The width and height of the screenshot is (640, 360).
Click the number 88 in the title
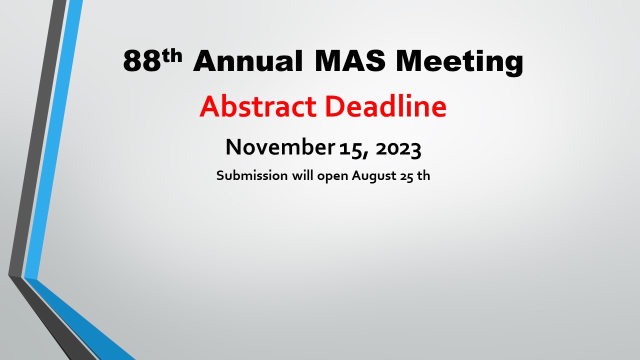click(x=141, y=61)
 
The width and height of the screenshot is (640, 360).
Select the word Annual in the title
click(x=248, y=61)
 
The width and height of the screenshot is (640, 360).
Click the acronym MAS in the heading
click(x=350, y=60)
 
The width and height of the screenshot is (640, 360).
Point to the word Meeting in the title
click(x=459, y=62)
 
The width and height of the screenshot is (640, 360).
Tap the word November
click(x=280, y=147)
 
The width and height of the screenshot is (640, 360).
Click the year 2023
click(x=398, y=149)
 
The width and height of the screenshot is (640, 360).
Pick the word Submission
click(x=251, y=175)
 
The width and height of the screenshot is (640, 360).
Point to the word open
click(x=332, y=176)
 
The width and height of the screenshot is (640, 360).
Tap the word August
click(x=373, y=176)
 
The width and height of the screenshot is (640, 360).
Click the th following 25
click(x=423, y=175)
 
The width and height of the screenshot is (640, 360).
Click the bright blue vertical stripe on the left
click(x=53, y=138)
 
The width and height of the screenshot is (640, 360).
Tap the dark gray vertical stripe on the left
click(x=37, y=137)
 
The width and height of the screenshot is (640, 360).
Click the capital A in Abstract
click(x=209, y=106)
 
